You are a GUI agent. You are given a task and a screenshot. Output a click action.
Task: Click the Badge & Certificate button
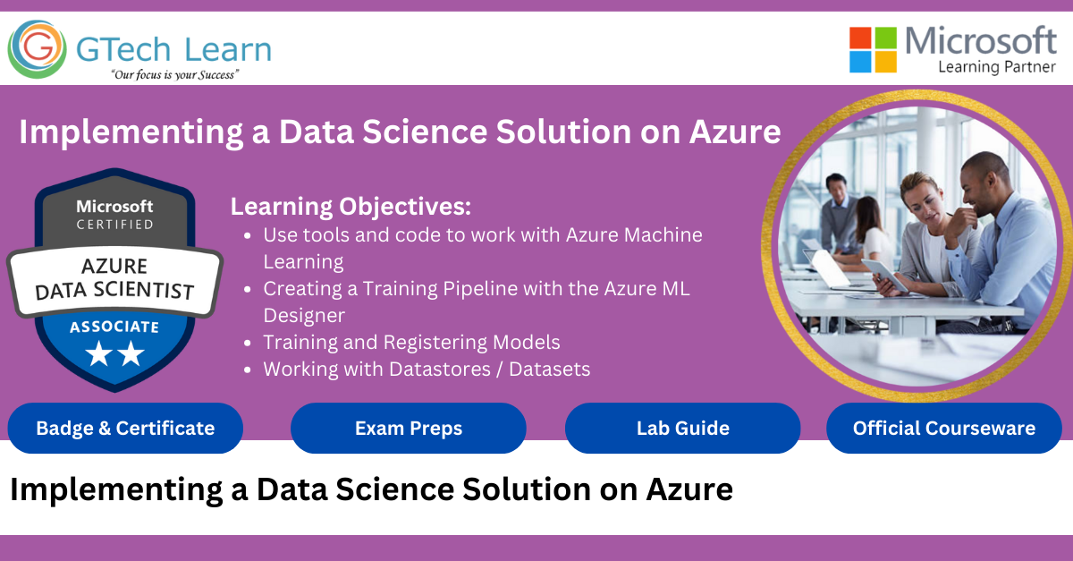coord(125,428)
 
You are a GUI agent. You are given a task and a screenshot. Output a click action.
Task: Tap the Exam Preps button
coord(409,428)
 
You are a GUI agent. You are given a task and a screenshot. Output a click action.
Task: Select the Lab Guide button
coord(682,428)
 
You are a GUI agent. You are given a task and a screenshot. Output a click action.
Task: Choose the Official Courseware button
coord(943,428)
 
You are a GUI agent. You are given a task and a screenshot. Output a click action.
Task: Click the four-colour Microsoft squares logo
coord(873,49)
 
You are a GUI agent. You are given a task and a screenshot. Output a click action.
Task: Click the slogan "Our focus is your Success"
coord(174,75)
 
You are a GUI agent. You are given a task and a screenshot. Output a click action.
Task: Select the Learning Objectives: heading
coord(351,207)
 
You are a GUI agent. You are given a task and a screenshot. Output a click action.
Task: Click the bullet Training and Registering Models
coord(411,342)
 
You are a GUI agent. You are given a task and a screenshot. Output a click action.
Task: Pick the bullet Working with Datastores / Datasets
coord(427,369)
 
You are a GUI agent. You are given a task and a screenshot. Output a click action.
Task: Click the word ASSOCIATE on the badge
coord(114,327)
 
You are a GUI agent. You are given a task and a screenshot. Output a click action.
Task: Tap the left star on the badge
coord(98,355)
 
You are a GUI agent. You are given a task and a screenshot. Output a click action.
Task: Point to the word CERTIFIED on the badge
coord(114,225)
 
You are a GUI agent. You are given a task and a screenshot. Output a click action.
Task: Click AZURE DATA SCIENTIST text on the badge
coord(114,278)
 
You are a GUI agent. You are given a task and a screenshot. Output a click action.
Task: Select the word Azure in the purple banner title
coord(735,132)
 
